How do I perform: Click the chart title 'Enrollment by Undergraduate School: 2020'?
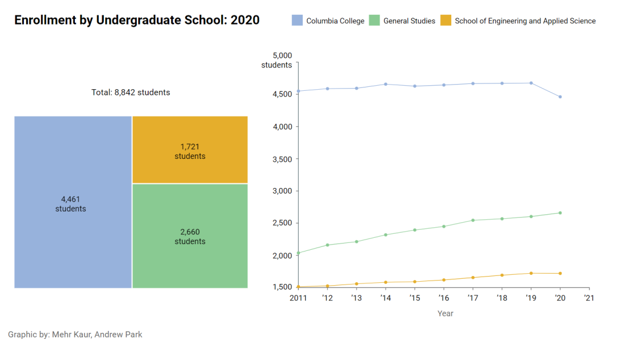137,21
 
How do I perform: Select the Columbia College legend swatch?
297,21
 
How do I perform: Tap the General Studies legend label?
409,21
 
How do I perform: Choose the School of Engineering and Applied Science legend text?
525,21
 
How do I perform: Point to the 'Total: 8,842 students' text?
131,92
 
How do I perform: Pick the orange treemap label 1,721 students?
190,151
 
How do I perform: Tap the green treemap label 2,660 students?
190,237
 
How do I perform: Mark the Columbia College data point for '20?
560,97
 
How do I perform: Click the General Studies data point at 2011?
298,253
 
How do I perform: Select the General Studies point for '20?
560,213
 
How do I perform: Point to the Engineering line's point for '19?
531,273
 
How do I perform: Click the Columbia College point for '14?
386,84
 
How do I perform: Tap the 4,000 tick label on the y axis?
282,126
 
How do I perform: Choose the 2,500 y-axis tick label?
282,223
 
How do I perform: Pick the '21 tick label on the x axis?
589,298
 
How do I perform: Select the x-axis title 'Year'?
445,313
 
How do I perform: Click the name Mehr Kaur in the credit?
71,334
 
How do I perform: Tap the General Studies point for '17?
472,220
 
